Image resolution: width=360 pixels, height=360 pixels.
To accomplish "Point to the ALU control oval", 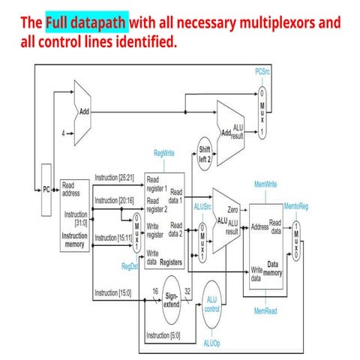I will [x=211, y=305].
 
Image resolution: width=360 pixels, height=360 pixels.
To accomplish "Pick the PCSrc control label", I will [x=262, y=73].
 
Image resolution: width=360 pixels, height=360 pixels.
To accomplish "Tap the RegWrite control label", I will [x=164, y=153].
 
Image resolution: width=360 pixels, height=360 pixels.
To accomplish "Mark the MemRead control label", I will [x=266, y=310].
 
